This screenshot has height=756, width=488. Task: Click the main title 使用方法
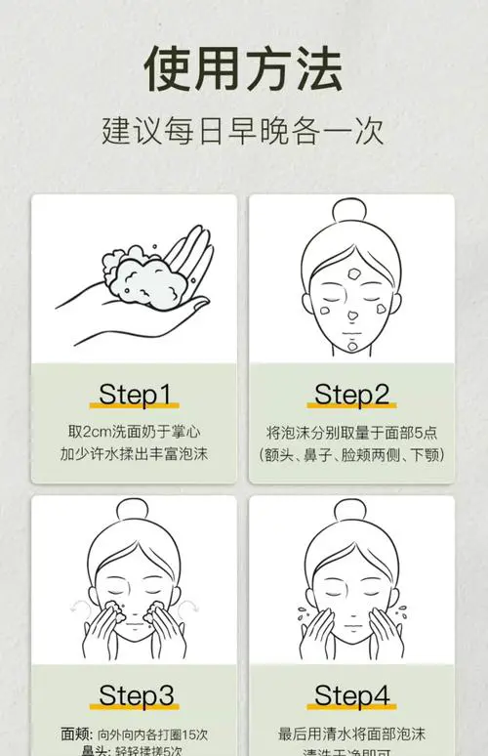243,69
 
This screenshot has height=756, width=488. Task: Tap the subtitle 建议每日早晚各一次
243,131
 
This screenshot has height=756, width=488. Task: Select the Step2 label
351,395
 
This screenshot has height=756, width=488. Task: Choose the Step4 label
351,695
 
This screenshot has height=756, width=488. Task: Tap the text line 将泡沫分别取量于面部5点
351,431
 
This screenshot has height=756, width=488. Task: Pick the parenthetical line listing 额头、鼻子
351,454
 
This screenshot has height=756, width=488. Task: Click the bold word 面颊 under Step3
75,733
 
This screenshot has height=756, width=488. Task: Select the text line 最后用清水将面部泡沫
351,733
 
